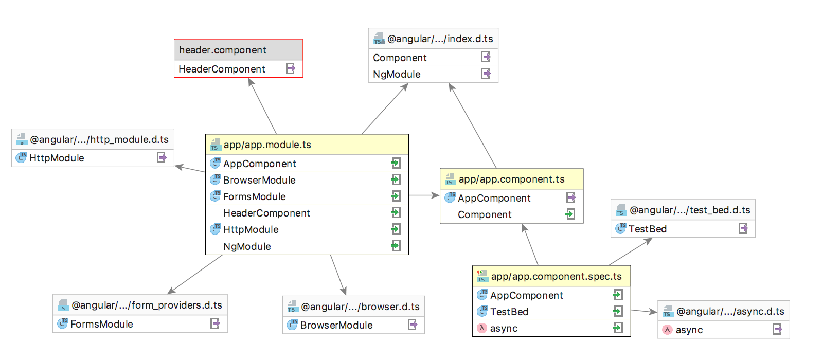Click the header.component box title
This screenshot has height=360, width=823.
[223, 50]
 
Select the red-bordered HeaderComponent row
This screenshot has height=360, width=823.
[222, 69]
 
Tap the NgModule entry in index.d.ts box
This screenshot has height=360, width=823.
[397, 74]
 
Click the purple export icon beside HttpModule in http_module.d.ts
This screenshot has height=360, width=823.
[162, 157]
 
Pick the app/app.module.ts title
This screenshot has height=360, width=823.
[267, 145]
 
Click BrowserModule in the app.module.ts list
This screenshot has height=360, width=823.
[259, 180]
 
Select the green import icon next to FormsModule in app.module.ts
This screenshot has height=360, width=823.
[396, 196]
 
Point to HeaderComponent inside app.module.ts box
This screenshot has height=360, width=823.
[266, 213]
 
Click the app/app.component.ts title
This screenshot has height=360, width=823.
[511, 179]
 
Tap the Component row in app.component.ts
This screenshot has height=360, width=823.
[485, 214]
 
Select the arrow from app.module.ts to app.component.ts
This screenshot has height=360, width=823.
[424, 195]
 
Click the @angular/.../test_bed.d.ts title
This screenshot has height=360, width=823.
[690, 210]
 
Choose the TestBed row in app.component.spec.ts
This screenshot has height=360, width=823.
[509, 312]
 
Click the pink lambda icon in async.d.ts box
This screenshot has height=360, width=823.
[667, 330]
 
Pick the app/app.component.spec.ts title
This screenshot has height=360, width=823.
[556, 276]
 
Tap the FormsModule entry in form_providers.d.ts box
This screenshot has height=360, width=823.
[102, 324]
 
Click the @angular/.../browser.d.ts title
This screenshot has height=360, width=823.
[360, 307]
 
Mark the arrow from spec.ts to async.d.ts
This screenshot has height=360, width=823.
[644, 311]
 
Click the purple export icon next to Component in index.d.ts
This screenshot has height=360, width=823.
[486, 57]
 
